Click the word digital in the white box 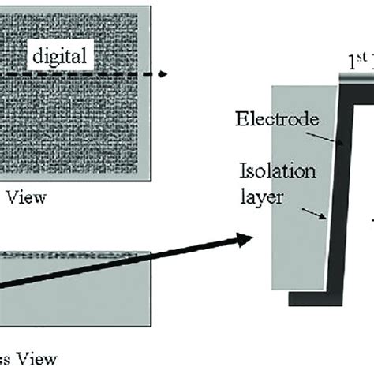(60, 57)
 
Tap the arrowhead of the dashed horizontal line (163, 74)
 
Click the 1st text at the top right (357, 60)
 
